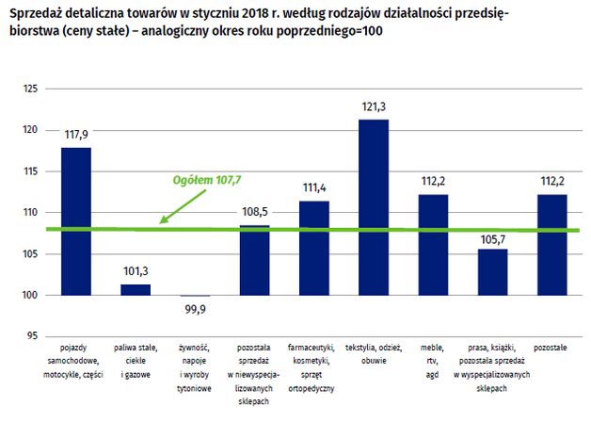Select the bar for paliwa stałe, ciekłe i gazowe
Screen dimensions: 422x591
(136, 289)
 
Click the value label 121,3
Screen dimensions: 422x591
(374, 107)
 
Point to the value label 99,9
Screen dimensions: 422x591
(195, 308)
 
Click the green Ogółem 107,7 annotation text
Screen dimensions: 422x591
(208, 179)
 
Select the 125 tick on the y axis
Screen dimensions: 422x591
(30, 89)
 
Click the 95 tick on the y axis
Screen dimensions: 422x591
(32, 336)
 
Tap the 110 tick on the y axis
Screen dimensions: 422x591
(30, 213)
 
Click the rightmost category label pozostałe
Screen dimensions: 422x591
(551, 348)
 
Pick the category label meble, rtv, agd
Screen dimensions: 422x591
(433, 361)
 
